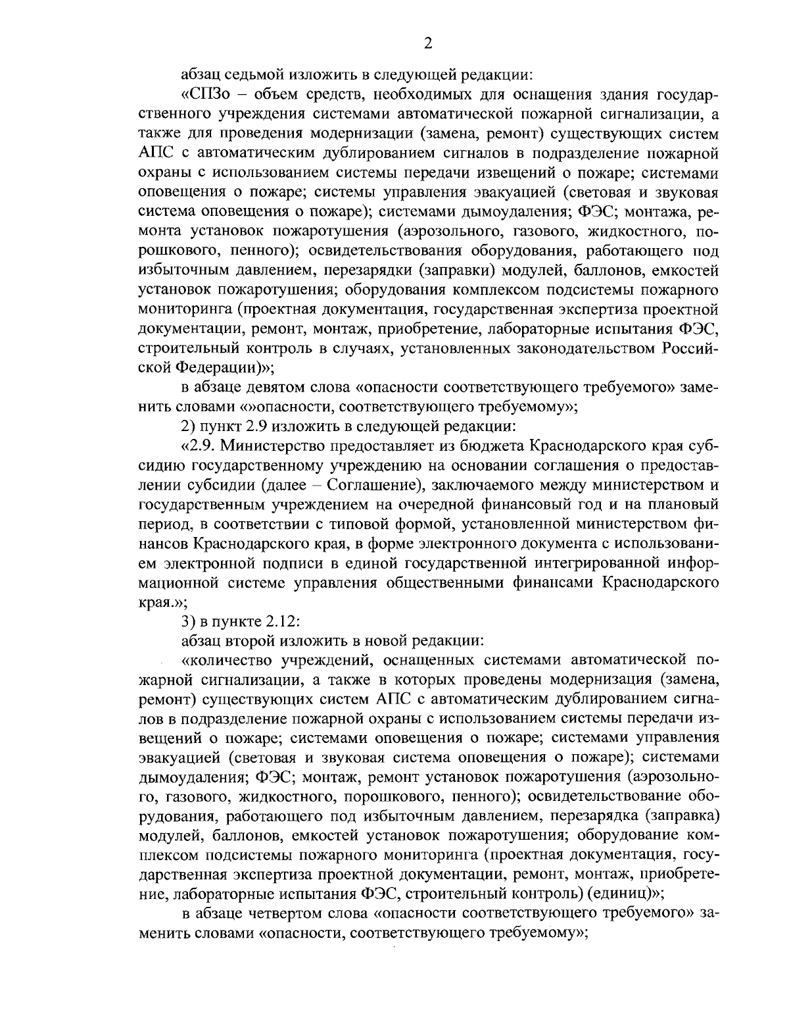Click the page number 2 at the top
428,43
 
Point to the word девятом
270,387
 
